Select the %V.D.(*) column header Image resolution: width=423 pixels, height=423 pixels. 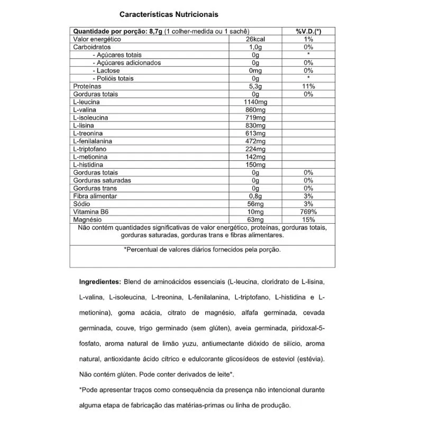(x=309, y=32)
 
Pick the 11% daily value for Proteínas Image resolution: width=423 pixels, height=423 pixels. (x=309, y=86)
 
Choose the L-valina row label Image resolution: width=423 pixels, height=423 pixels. (x=84, y=110)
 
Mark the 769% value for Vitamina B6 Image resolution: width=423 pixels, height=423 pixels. (x=309, y=212)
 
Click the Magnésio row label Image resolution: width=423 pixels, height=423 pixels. (x=88, y=219)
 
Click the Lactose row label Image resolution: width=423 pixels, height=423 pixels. (x=108, y=71)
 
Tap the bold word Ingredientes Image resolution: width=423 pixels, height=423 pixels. (x=99, y=283)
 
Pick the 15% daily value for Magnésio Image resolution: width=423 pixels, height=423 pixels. (x=309, y=219)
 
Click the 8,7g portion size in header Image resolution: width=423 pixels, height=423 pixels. (x=153, y=32)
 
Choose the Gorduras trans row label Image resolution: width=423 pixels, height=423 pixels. (x=95, y=188)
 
